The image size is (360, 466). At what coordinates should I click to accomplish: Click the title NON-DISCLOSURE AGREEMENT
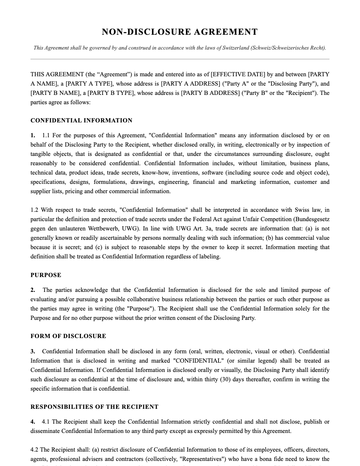(x=180, y=32)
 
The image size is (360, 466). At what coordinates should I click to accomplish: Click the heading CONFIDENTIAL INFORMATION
(x=81, y=120)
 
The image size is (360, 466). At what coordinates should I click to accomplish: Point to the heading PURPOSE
(x=46, y=275)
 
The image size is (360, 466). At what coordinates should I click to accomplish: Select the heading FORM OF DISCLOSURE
(x=68, y=336)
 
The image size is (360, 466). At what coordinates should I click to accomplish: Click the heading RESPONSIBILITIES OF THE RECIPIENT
(x=94, y=407)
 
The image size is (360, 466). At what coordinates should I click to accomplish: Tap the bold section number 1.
(x=33, y=136)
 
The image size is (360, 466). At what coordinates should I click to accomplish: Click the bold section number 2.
(x=33, y=290)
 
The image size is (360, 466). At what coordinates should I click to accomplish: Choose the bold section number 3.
(x=33, y=351)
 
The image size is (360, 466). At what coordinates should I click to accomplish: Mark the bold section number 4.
(x=33, y=422)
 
